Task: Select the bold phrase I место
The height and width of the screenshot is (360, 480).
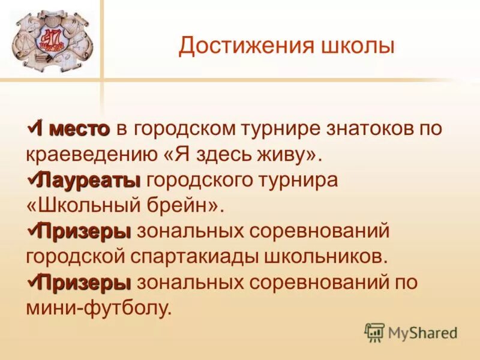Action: click(73, 128)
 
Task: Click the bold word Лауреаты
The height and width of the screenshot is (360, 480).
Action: click(89, 179)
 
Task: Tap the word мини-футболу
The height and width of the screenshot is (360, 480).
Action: click(98, 308)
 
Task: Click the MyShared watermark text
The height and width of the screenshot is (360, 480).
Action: click(423, 332)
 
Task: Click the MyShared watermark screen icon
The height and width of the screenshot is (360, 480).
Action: click(374, 332)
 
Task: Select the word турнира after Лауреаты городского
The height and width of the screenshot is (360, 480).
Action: click(296, 179)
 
